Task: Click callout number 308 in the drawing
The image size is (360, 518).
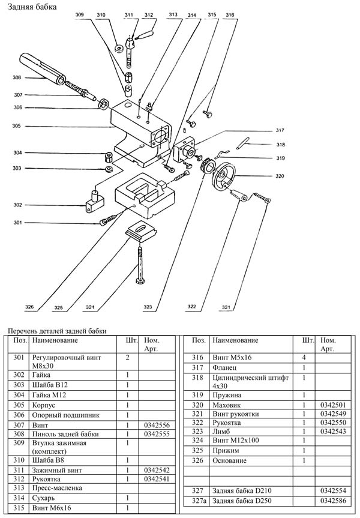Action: [x=17, y=77]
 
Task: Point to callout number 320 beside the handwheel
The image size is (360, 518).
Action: [x=280, y=176]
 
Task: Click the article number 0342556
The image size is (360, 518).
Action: [x=154, y=424]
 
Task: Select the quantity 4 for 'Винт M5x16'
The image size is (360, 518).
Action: [x=304, y=357]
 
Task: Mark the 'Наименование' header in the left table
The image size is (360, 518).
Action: [x=55, y=340]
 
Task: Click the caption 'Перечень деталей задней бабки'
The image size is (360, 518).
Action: [x=56, y=331]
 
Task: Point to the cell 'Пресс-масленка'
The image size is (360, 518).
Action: [x=58, y=488]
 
